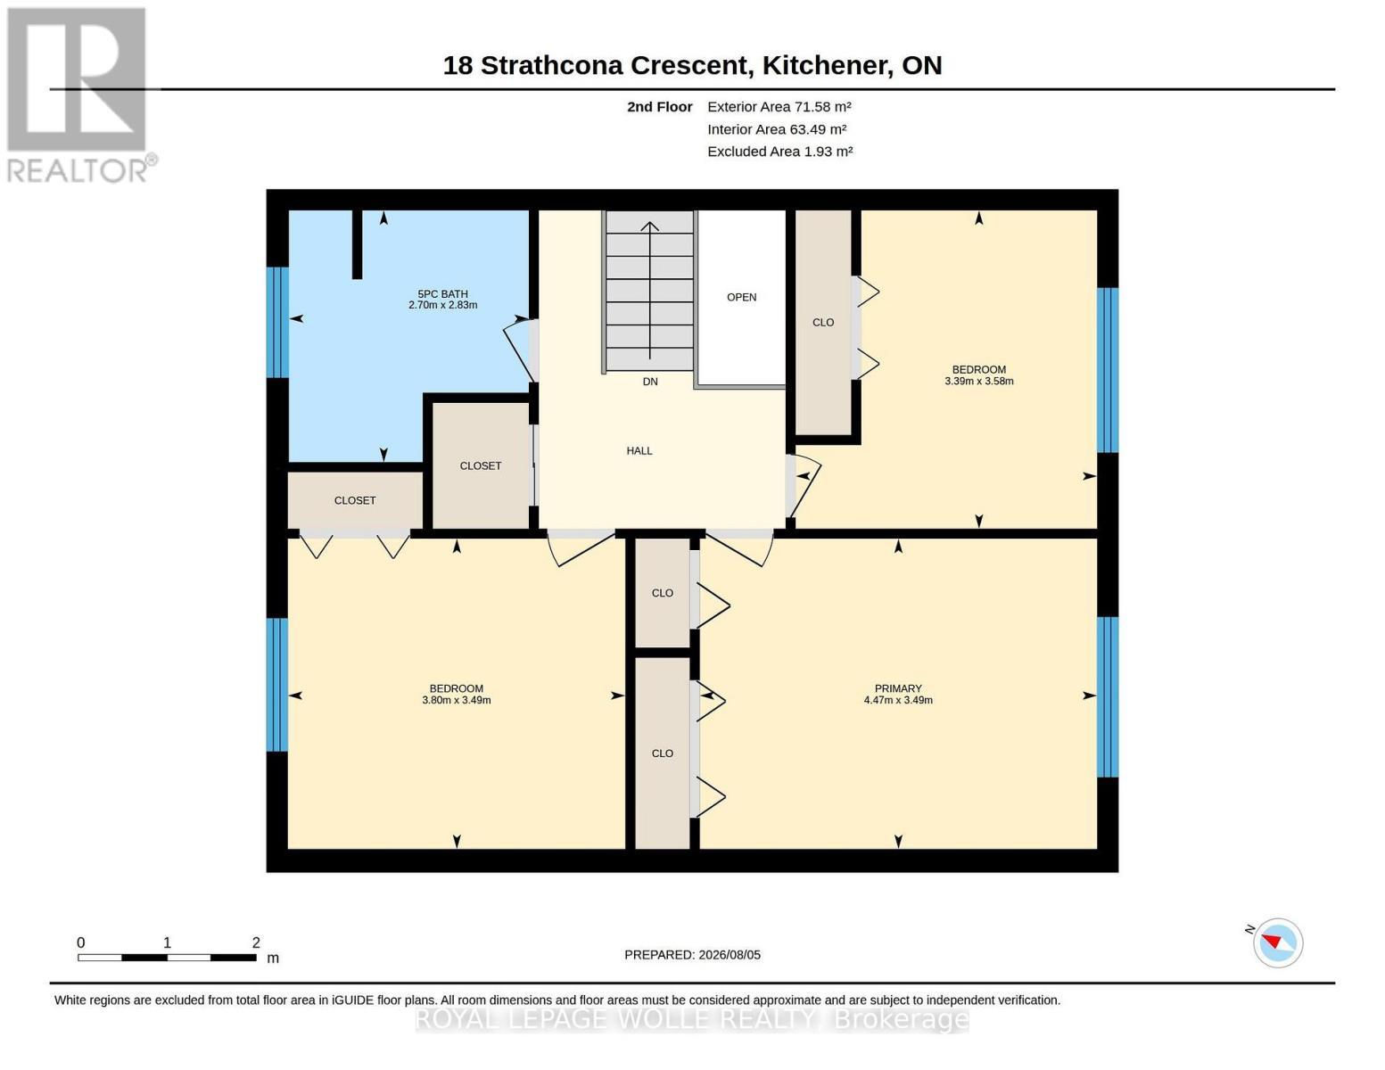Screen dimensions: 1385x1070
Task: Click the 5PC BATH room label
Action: (442, 293)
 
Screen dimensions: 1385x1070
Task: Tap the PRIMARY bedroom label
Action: (898, 688)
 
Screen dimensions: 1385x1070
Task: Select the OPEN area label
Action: (741, 297)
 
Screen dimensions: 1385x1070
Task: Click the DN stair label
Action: (650, 382)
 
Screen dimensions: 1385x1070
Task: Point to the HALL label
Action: (639, 450)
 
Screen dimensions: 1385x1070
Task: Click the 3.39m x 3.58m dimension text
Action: (979, 381)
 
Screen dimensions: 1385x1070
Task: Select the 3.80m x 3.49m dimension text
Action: (457, 700)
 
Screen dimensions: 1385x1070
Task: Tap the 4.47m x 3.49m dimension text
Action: (898, 700)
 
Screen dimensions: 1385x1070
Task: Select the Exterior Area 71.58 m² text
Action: (779, 107)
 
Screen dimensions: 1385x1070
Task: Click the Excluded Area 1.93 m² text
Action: (780, 152)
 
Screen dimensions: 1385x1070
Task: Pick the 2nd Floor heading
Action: (660, 107)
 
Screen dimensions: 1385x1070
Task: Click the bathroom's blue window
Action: (277, 322)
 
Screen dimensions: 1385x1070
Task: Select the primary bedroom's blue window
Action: (1108, 696)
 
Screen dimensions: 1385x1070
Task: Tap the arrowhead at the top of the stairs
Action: (649, 226)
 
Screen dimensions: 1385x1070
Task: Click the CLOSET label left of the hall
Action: (481, 465)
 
